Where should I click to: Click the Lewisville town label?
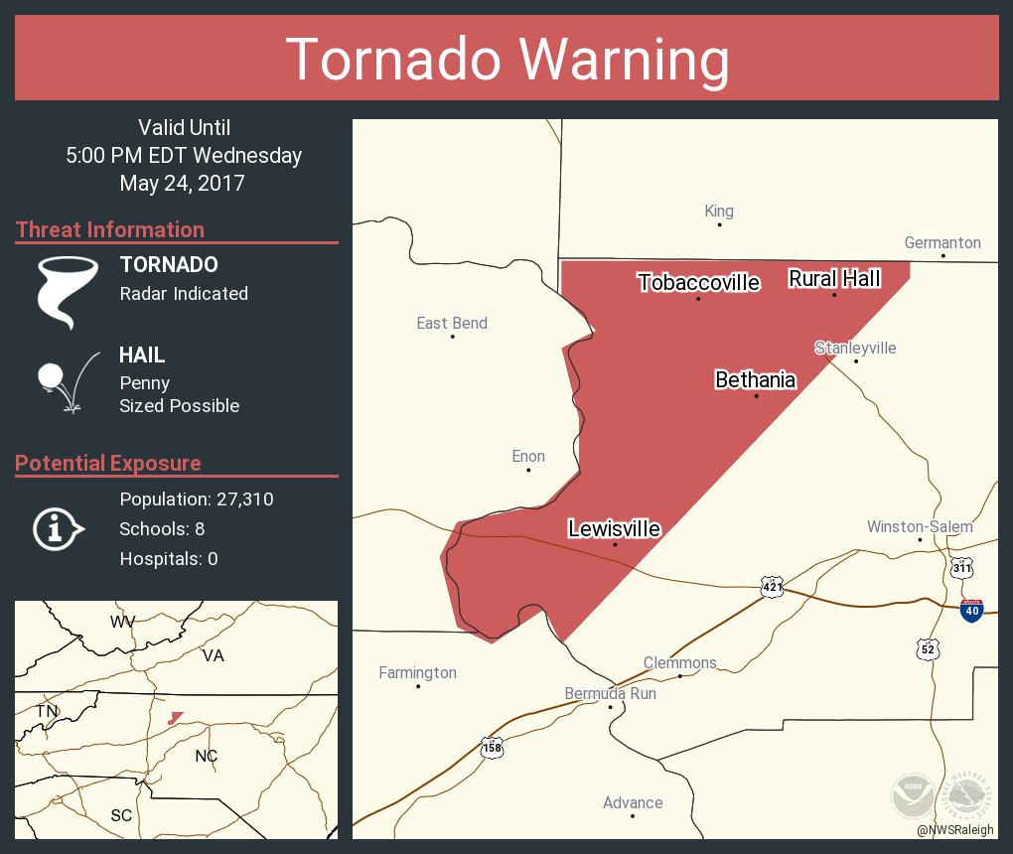[x=614, y=528]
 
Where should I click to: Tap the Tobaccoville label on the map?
[x=698, y=283]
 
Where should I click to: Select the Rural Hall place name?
[x=834, y=279]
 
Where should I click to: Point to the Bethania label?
[x=755, y=379]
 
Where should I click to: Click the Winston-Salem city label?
[x=920, y=526]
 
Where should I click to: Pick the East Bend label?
[x=452, y=323]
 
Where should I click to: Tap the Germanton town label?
[x=942, y=242]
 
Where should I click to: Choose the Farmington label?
[x=418, y=672]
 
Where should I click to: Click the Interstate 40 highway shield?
[x=972, y=610]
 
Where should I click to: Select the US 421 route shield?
[x=774, y=587]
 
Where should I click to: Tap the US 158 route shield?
[x=492, y=747]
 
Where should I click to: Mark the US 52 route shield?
[x=928, y=648]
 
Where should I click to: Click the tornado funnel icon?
[x=67, y=291]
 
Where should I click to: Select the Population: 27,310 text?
[x=197, y=499]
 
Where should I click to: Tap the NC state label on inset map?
[x=206, y=756]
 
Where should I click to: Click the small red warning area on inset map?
[x=176, y=717]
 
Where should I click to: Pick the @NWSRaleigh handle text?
[x=956, y=829]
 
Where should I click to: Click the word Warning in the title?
[x=614, y=59]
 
